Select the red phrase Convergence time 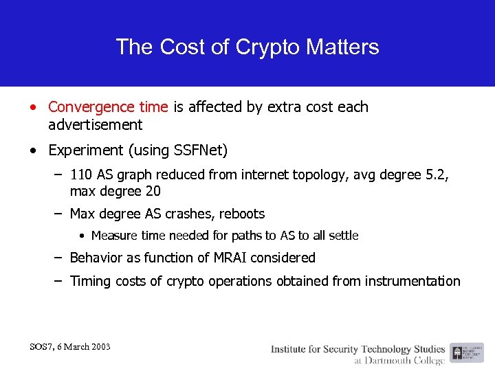click(x=108, y=107)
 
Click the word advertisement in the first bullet click(x=96, y=125)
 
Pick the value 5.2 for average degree click(x=435, y=175)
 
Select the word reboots click(x=241, y=214)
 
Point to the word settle click(x=342, y=236)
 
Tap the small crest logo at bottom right click(x=457, y=352)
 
